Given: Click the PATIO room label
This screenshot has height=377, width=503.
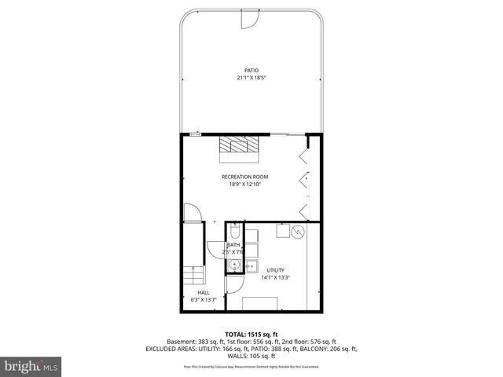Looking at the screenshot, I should (251, 70).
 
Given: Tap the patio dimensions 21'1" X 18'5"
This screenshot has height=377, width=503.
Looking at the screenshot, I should (251, 78).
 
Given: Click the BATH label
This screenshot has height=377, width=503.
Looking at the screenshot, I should (234, 245).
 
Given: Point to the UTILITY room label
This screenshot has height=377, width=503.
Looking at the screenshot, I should (275, 269).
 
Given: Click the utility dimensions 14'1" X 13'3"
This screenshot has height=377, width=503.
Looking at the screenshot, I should (275, 277).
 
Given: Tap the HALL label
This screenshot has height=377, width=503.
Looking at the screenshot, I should (204, 292).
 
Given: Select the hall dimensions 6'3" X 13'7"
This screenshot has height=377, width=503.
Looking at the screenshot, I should (204, 300).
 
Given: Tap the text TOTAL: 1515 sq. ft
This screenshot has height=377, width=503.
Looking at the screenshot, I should (251, 335).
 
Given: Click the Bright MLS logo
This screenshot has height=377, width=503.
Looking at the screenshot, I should (31, 366).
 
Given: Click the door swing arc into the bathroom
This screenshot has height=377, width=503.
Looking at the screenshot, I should (215, 247).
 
